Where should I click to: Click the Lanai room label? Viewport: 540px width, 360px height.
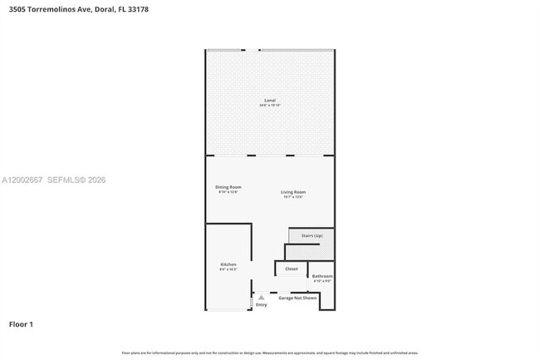coord(270,101)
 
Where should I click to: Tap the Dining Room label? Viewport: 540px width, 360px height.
coord(228,187)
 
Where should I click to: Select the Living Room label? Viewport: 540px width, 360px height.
coord(292,192)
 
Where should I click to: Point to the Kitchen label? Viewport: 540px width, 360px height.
coord(228,264)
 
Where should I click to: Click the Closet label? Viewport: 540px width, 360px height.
coord(291,269)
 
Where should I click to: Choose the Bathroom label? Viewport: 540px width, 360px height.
coord(322,276)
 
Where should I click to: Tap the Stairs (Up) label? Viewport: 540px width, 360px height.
coord(312,235)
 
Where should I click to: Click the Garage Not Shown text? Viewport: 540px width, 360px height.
coord(297,297)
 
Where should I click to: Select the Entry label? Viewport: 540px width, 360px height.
coord(262,305)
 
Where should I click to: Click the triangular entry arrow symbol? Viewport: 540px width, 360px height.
coord(262,297)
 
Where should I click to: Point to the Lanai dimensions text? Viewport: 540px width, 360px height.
coord(270,106)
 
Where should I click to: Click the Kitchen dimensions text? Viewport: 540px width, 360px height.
coord(228,269)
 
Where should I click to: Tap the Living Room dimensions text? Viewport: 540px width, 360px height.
coord(292,197)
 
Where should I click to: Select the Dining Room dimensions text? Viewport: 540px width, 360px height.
coord(228,192)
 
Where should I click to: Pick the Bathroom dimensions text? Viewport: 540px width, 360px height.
coord(322,281)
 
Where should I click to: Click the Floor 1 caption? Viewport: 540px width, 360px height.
coord(21,323)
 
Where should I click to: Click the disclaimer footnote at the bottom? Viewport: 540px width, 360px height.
coord(270,353)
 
